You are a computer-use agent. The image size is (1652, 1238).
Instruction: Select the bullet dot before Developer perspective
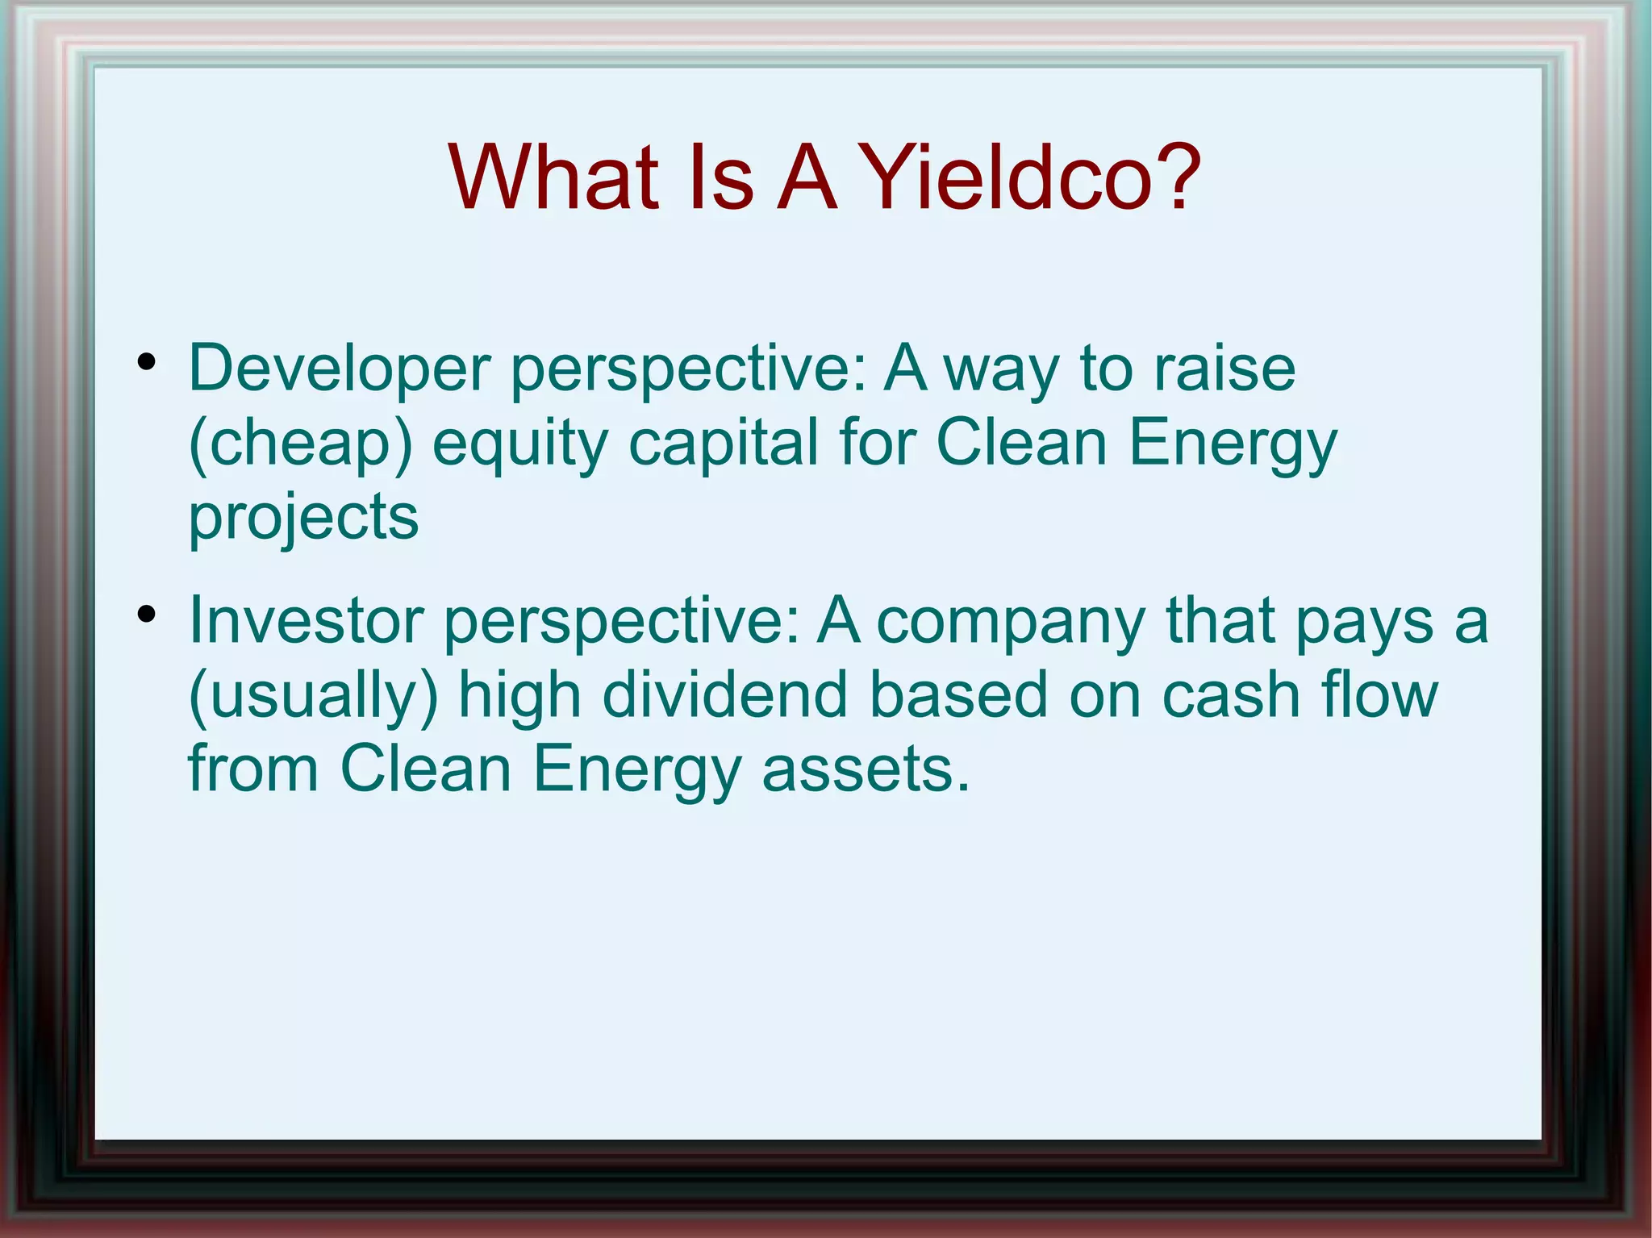click(146, 362)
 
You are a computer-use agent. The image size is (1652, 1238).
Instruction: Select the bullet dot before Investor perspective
click(146, 615)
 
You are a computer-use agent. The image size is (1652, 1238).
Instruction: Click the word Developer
click(339, 369)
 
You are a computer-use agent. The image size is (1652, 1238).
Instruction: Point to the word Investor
click(306, 621)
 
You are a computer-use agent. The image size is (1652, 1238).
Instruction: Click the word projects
click(303, 518)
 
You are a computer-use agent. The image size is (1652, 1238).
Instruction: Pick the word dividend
click(724, 695)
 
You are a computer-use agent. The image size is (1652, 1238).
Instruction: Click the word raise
click(1224, 369)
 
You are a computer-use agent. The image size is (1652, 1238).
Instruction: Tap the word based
click(958, 695)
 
